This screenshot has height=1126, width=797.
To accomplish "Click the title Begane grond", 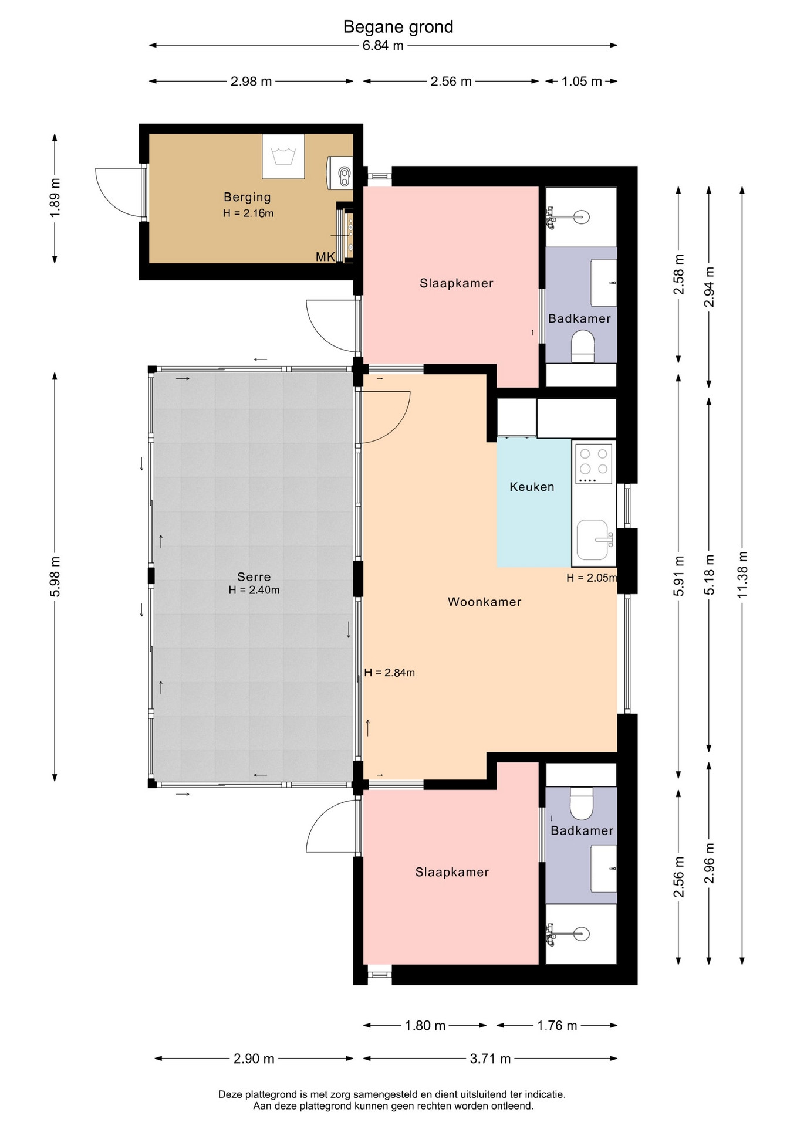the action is coord(398,27).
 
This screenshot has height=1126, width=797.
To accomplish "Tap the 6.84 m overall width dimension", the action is coord(383,45).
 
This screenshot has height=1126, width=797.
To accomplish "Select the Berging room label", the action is coord(247,197).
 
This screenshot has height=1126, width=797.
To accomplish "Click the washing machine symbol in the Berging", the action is coord(283,156).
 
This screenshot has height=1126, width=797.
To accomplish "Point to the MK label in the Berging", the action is coord(325,257).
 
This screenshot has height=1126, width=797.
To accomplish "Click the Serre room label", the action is coord(254,576).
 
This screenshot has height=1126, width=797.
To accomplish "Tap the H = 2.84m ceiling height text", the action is coord(389,673).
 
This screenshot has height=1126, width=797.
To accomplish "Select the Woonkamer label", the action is coord(484,602).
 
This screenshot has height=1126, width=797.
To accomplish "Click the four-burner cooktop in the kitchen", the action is coord(594,463).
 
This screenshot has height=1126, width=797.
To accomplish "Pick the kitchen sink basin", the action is coord(593,540).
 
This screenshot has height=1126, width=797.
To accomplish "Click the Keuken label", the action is coord(532,487).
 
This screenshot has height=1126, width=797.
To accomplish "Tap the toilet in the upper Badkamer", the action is coord(583,347).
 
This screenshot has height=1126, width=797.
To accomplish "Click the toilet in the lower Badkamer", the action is coord(582,803).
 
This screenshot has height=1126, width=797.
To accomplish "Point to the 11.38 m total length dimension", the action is coord(742,575).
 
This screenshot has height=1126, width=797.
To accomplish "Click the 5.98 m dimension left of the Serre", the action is coord(55,576).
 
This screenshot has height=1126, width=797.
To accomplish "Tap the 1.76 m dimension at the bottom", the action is coord(557,1025).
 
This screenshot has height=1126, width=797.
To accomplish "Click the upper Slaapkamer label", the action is coord(456,283).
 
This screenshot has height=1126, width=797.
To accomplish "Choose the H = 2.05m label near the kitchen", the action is coord(592,578).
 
